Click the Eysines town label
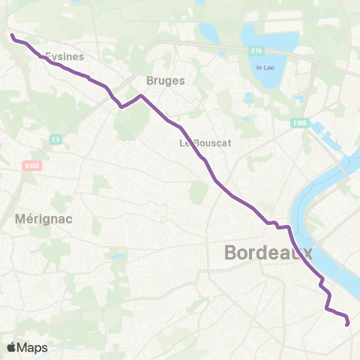(x=64, y=55)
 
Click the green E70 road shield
(x=256, y=51)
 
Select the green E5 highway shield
(x=55, y=139)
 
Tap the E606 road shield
(x=300, y=123)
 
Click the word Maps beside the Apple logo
(x=32, y=347)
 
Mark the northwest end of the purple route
(x=12, y=34)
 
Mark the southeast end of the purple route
(x=346, y=324)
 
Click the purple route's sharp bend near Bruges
(x=140, y=96)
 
